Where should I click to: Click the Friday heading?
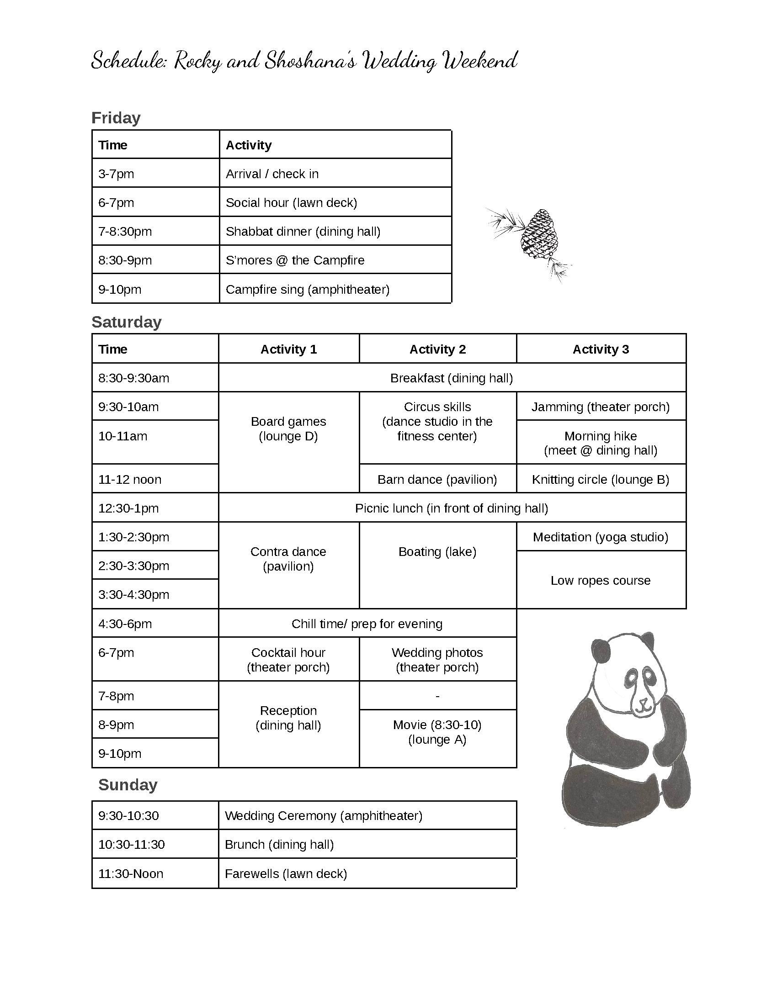(x=116, y=118)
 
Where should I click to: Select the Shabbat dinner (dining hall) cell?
(x=303, y=231)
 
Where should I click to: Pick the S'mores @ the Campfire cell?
(x=295, y=260)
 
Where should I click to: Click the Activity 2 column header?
(x=437, y=349)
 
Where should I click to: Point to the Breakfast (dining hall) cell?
(x=451, y=378)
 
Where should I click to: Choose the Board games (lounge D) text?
(x=288, y=429)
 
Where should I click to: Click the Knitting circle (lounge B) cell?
(x=600, y=480)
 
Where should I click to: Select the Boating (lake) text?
(x=437, y=551)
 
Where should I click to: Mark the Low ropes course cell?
(x=600, y=580)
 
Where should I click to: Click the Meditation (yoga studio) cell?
(x=600, y=537)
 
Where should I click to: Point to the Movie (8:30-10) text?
(x=437, y=725)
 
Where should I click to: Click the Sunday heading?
(x=128, y=784)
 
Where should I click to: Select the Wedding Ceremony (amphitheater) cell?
(x=323, y=815)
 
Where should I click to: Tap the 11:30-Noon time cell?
(x=131, y=873)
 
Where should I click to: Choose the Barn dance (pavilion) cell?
(x=437, y=480)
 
